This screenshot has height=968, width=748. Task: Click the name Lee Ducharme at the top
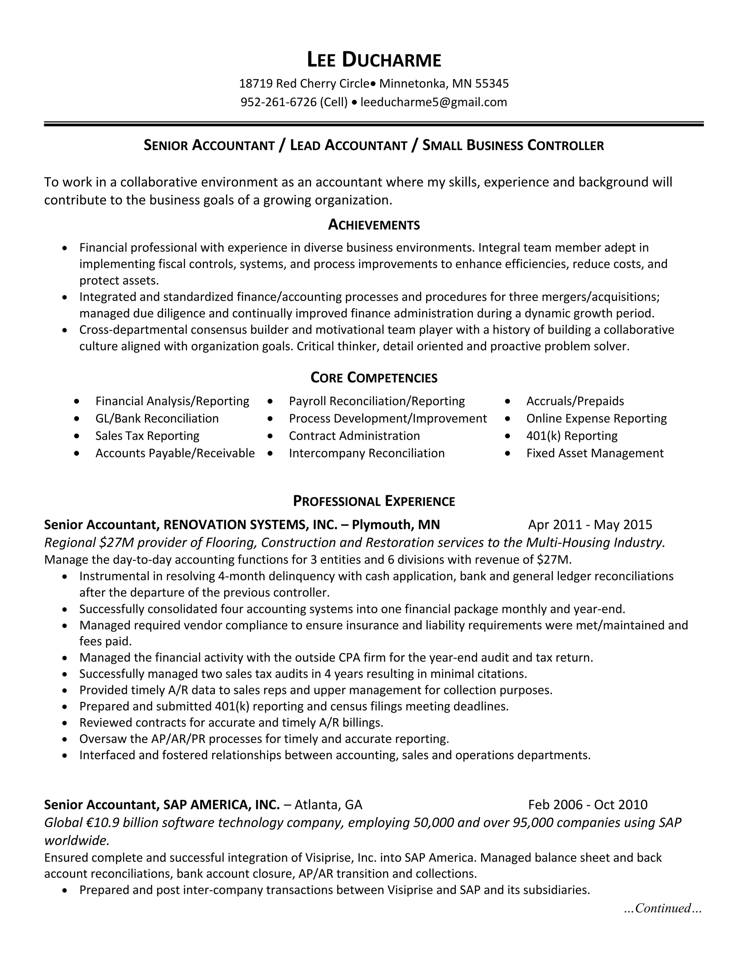[x=374, y=60]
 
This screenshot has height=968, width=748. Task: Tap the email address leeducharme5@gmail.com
[x=434, y=102]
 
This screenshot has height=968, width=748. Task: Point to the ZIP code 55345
[x=492, y=83]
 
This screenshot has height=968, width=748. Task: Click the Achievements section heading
[x=374, y=225]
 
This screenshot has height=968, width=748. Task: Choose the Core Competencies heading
[x=374, y=378]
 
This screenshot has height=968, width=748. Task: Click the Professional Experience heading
[x=374, y=501]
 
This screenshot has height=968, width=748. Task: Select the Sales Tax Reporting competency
[x=147, y=436]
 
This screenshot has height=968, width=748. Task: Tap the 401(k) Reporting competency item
[x=572, y=436]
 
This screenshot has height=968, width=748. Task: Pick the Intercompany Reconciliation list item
[x=366, y=453]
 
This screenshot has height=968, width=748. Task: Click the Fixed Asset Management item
[x=595, y=453]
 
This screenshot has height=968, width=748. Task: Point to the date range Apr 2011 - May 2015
[x=590, y=525]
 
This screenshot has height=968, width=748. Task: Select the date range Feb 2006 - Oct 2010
[x=588, y=804]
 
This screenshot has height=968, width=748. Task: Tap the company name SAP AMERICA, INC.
[x=222, y=804]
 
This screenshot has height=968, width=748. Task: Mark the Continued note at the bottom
[x=663, y=908]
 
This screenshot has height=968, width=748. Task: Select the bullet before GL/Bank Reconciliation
[x=77, y=418]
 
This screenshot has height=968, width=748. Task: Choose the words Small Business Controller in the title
[x=513, y=145]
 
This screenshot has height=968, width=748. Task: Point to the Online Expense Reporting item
[x=596, y=418]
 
